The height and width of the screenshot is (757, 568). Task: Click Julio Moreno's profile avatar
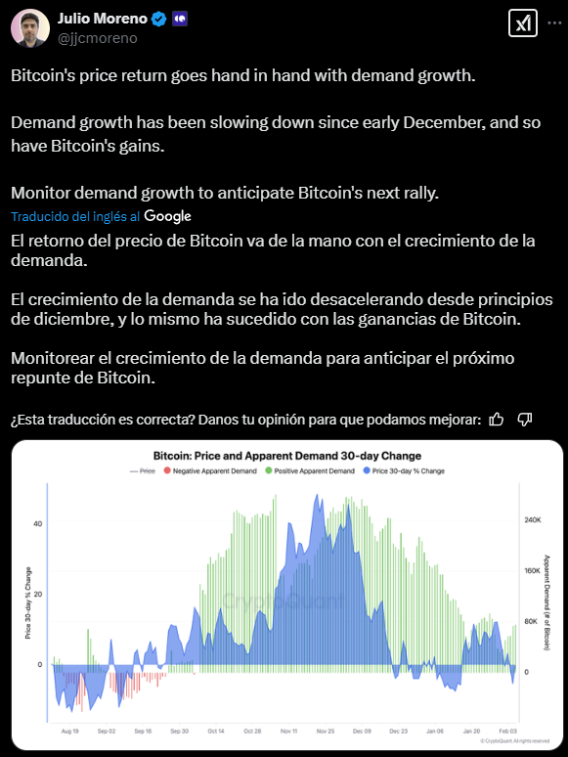pyautogui.click(x=30, y=28)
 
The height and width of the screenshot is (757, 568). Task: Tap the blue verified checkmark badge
pyautogui.click(x=158, y=19)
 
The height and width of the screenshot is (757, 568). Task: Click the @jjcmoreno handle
pyautogui.click(x=98, y=38)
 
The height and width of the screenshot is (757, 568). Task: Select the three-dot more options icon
pyautogui.click(x=554, y=22)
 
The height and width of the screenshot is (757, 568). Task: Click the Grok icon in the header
pyautogui.click(x=523, y=22)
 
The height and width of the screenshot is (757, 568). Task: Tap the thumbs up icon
pyautogui.click(x=496, y=420)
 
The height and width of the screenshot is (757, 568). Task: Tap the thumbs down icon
pyautogui.click(x=525, y=420)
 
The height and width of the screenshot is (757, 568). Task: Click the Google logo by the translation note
pyautogui.click(x=167, y=216)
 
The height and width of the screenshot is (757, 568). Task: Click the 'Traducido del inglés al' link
pyautogui.click(x=75, y=216)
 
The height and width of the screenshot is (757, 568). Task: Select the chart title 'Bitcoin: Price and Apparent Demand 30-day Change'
pyautogui.click(x=287, y=456)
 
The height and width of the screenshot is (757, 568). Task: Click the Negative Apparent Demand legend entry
pyautogui.click(x=210, y=470)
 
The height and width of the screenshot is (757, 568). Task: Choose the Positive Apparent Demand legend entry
pyautogui.click(x=310, y=470)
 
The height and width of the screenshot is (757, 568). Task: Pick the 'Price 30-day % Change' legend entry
pyautogui.click(x=404, y=470)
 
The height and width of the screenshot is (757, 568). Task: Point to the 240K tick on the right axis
pyautogui.click(x=533, y=520)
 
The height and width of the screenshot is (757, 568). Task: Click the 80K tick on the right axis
pyautogui.click(x=531, y=621)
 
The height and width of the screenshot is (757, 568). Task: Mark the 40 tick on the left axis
pyautogui.click(x=38, y=524)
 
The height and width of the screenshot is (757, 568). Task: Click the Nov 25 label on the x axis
pyautogui.click(x=326, y=731)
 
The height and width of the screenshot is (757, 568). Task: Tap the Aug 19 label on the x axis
pyautogui.click(x=70, y=731)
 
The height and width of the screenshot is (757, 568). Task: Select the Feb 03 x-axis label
pyautogui.click(x=507, y=731)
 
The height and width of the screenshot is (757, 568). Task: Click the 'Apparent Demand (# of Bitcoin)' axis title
pyautogui.click(x=546, y=602)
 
